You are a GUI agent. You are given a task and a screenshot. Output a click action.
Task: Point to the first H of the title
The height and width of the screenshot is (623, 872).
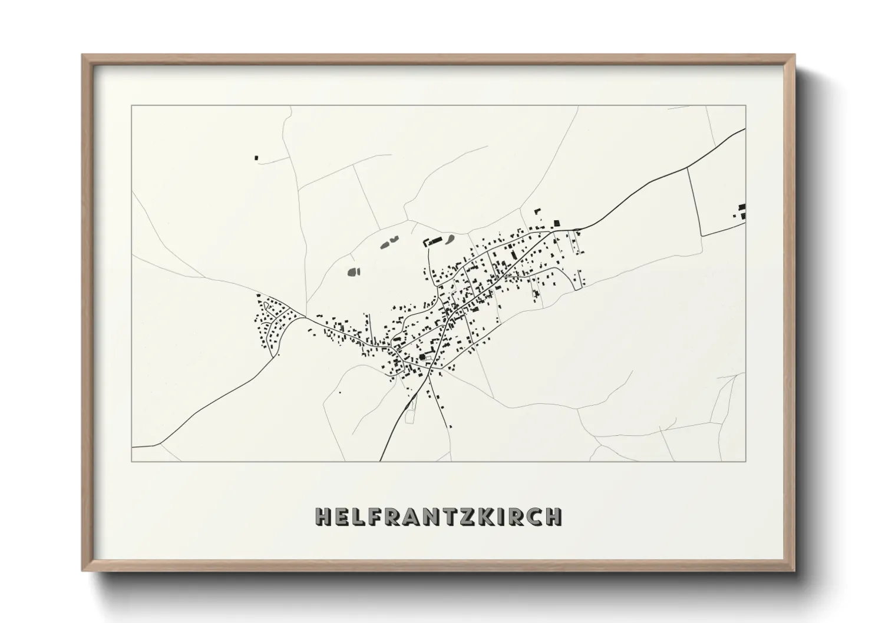323,516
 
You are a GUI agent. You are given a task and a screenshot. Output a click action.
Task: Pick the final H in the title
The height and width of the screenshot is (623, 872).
553,516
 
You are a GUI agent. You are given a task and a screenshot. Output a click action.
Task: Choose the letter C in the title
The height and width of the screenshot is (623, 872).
534,516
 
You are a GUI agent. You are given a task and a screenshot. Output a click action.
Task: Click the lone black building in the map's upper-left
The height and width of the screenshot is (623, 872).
256,157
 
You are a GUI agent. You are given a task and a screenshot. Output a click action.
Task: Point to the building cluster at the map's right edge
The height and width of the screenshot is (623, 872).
741,210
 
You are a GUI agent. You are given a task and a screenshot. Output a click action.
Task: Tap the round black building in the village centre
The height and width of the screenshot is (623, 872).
421,356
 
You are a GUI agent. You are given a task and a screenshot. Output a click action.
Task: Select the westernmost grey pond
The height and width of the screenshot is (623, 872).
353,271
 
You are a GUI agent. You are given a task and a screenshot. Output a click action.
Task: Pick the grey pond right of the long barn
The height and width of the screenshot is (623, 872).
450,239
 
